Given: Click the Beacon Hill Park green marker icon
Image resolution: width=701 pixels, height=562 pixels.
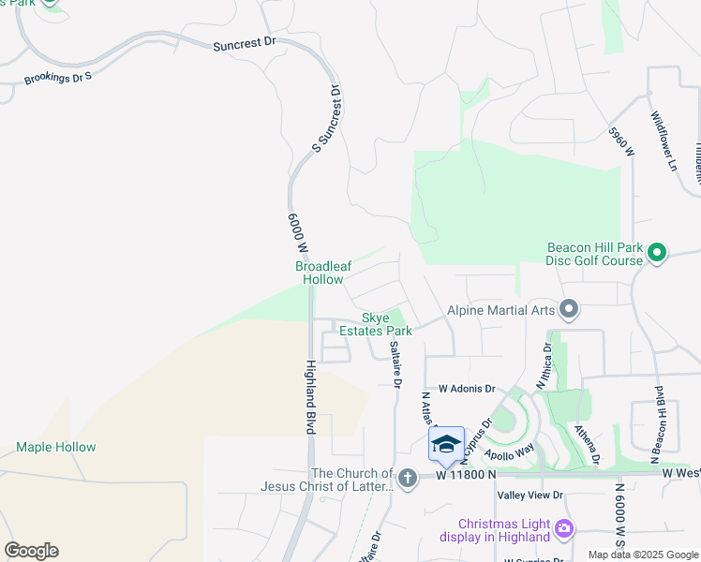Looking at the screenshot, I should tap(657, 252).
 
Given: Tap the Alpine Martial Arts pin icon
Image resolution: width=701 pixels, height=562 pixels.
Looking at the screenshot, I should tap(569, 309).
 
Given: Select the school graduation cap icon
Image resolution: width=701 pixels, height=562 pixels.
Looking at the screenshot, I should tap(446, 444).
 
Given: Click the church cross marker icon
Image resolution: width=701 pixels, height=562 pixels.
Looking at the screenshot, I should tap(407, 479).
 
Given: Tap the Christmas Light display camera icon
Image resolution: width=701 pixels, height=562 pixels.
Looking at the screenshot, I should tap(563, 529).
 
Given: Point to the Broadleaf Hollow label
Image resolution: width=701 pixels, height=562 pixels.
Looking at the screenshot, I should tap(323, 273).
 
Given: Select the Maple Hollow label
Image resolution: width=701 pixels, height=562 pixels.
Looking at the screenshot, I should tap(55, 447).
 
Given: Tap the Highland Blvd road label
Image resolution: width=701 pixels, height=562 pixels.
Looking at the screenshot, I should tap(309, 397).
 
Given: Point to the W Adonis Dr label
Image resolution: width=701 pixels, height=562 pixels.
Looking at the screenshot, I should tap(466, 388).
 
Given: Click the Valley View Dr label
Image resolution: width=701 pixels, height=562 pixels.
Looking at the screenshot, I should tap(530, 495).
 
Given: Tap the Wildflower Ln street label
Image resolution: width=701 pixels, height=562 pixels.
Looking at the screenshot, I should tap(664, 135).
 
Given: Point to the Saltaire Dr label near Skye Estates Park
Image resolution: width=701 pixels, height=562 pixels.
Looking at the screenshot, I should tap(396, 363).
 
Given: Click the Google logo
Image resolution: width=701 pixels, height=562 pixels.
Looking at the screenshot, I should tap(31, 551).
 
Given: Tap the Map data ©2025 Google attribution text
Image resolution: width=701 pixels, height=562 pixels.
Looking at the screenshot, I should tap(642, 555).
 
